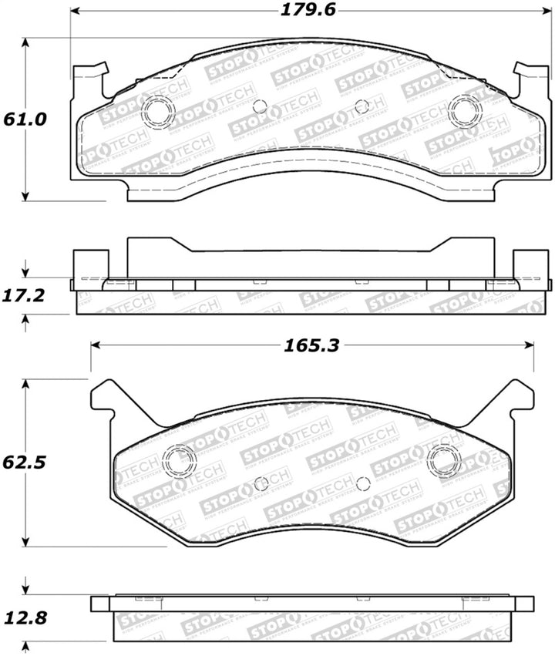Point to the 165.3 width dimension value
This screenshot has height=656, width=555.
point(311,346)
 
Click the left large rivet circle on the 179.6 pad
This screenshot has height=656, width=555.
point(160,111)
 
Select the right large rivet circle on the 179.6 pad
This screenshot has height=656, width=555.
point(464,110)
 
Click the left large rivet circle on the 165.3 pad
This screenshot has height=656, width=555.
point(181,461)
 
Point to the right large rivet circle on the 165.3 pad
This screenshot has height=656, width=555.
point(443,461)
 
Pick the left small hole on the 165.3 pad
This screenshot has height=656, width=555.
point(261,483)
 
